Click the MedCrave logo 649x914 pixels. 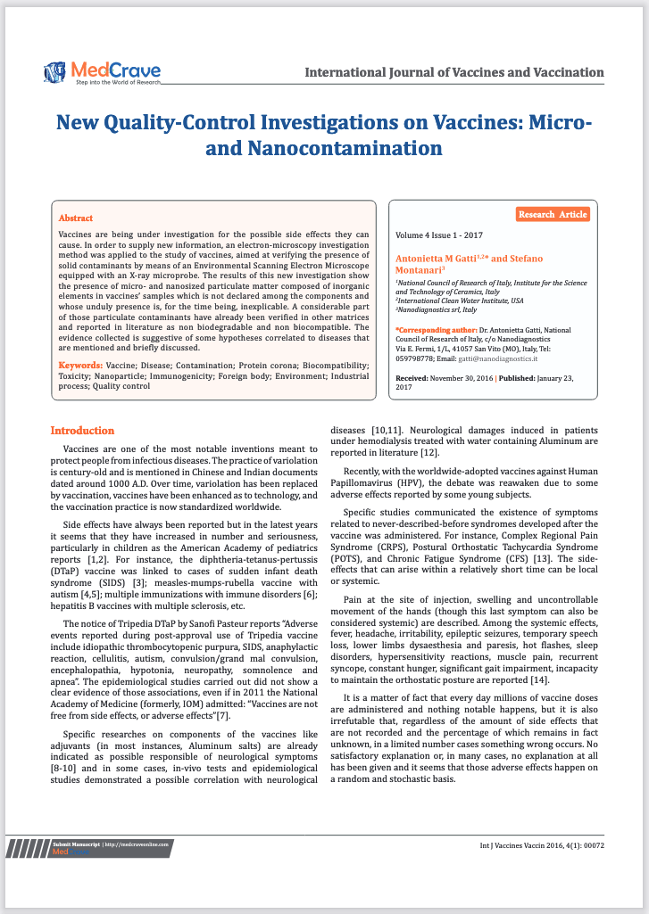pos(102,71)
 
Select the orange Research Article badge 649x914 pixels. pos(553,215)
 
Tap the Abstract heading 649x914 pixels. pos(76,218)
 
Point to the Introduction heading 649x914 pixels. pos(82,431)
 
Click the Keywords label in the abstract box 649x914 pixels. pos(79,366)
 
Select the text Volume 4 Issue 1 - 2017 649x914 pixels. pos(439,235)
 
